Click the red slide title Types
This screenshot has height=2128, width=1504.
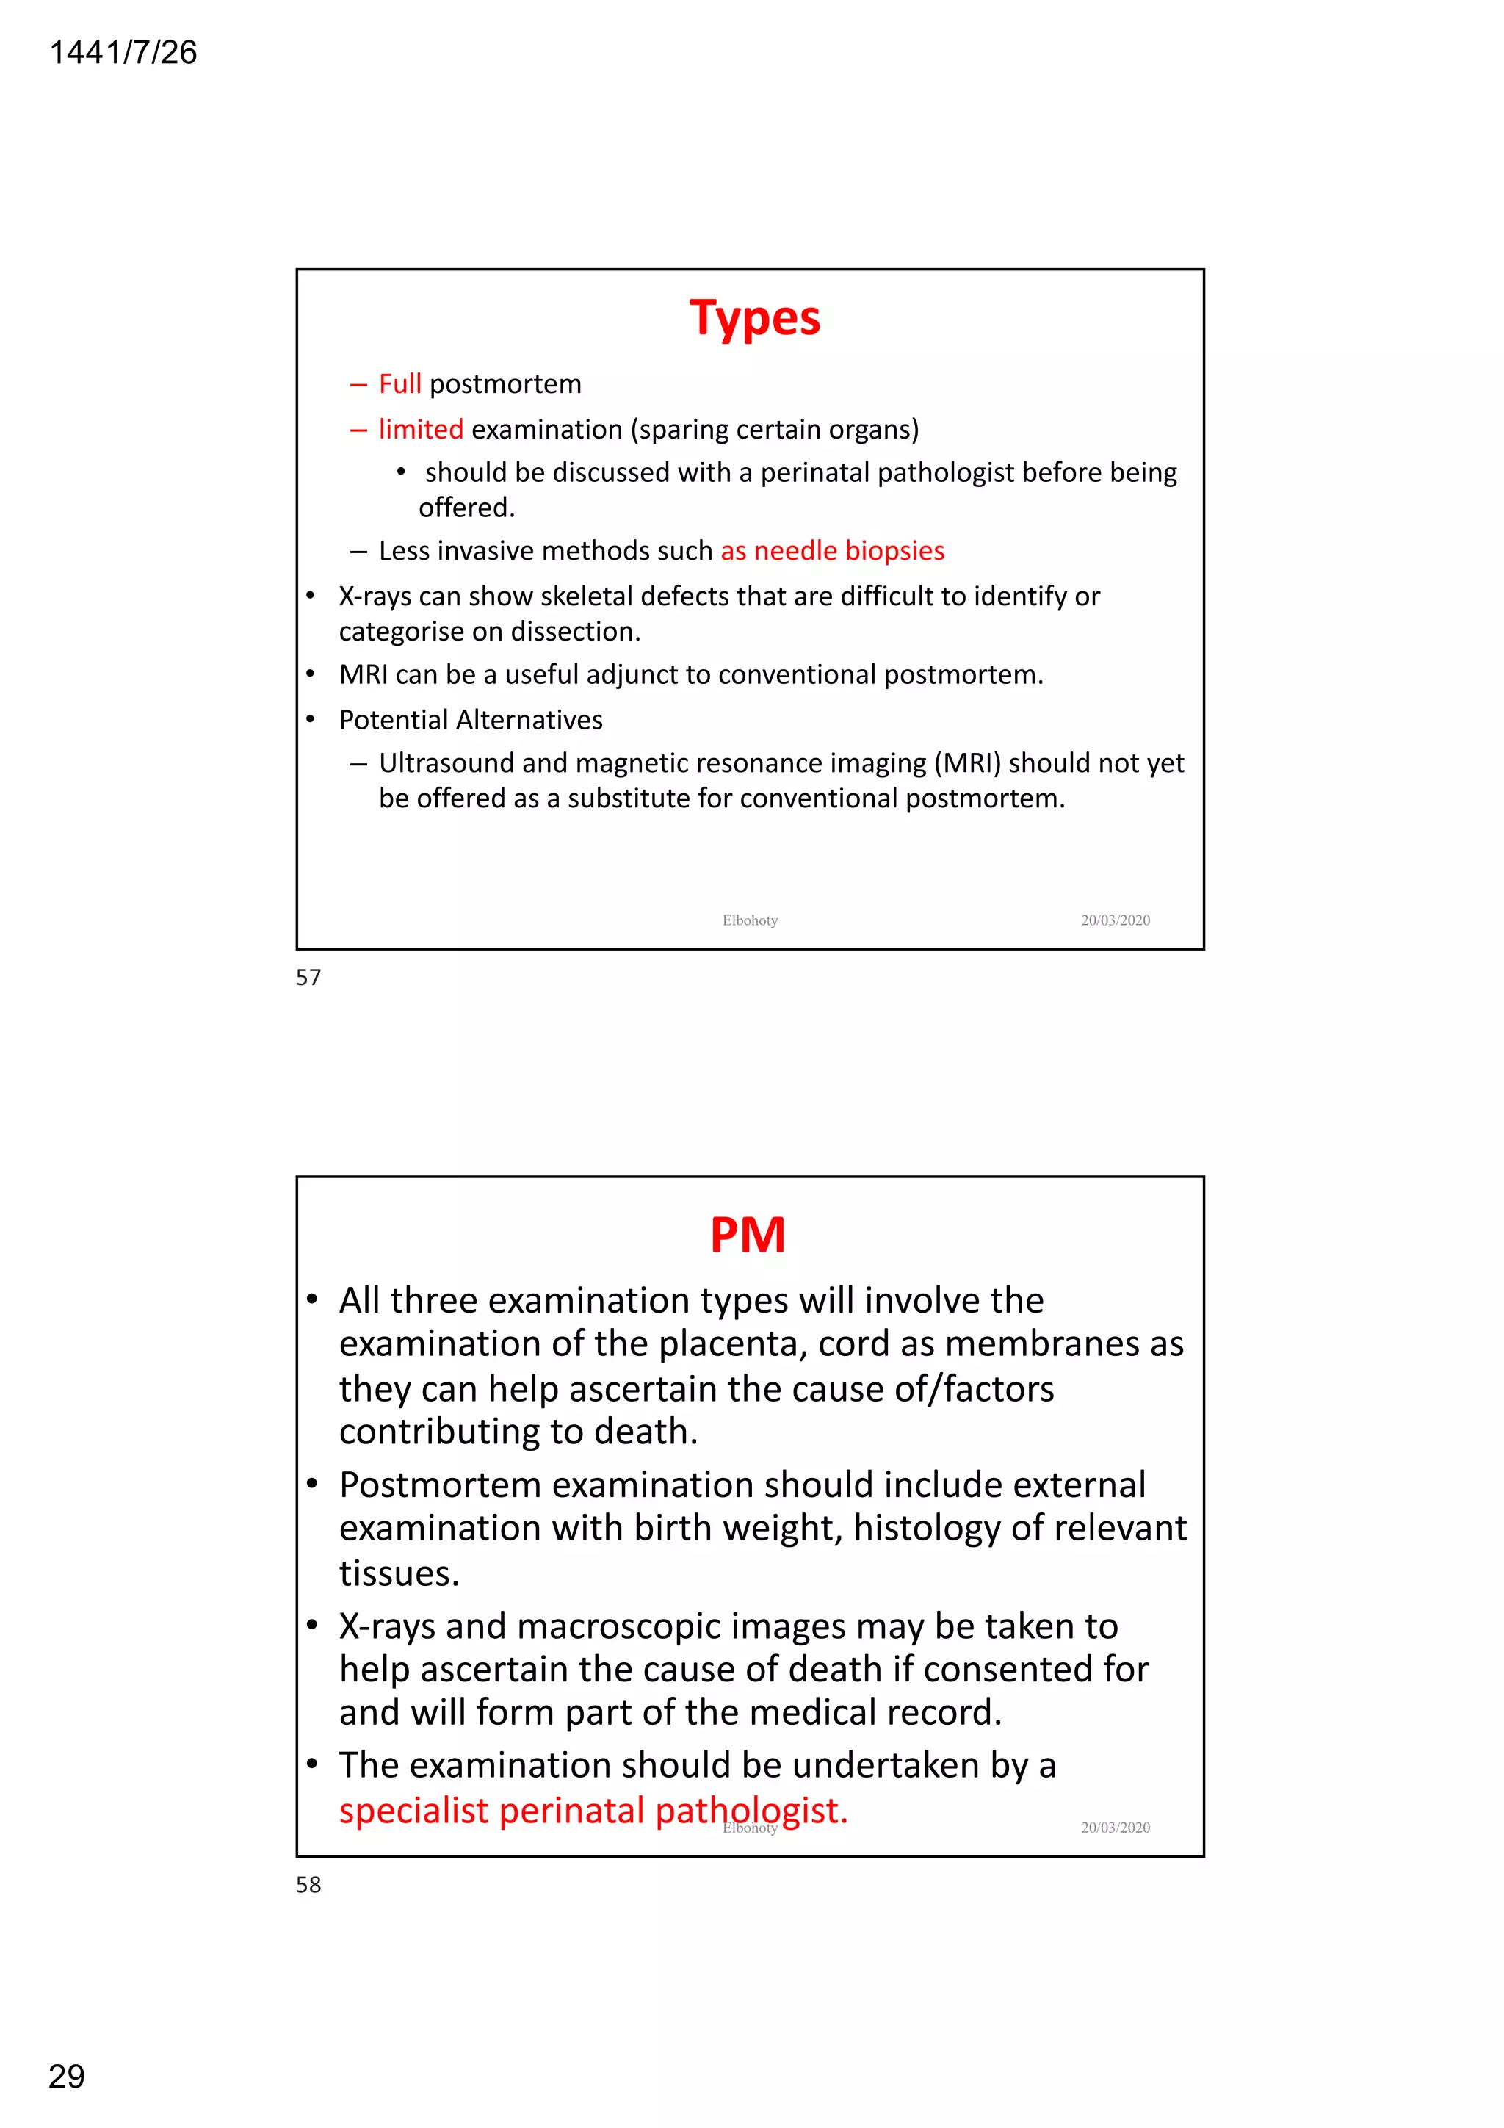754,318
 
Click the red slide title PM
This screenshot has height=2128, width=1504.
748,1235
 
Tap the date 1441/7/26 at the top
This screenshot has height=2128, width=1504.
123,53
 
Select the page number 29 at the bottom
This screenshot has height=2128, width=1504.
66,2076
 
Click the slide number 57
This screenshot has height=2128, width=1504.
308,977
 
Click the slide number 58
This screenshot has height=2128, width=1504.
308,1884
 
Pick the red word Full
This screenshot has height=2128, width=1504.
399,383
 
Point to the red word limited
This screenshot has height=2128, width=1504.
421,429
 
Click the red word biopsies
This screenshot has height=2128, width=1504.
894,550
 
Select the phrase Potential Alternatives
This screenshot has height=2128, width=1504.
471,719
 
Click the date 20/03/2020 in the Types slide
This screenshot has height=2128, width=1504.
1115,920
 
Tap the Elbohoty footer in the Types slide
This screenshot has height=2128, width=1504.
750,920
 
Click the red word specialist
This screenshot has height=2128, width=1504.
413,1810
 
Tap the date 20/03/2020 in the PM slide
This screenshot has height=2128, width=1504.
1115,1828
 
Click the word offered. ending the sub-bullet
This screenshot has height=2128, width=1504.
466,508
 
